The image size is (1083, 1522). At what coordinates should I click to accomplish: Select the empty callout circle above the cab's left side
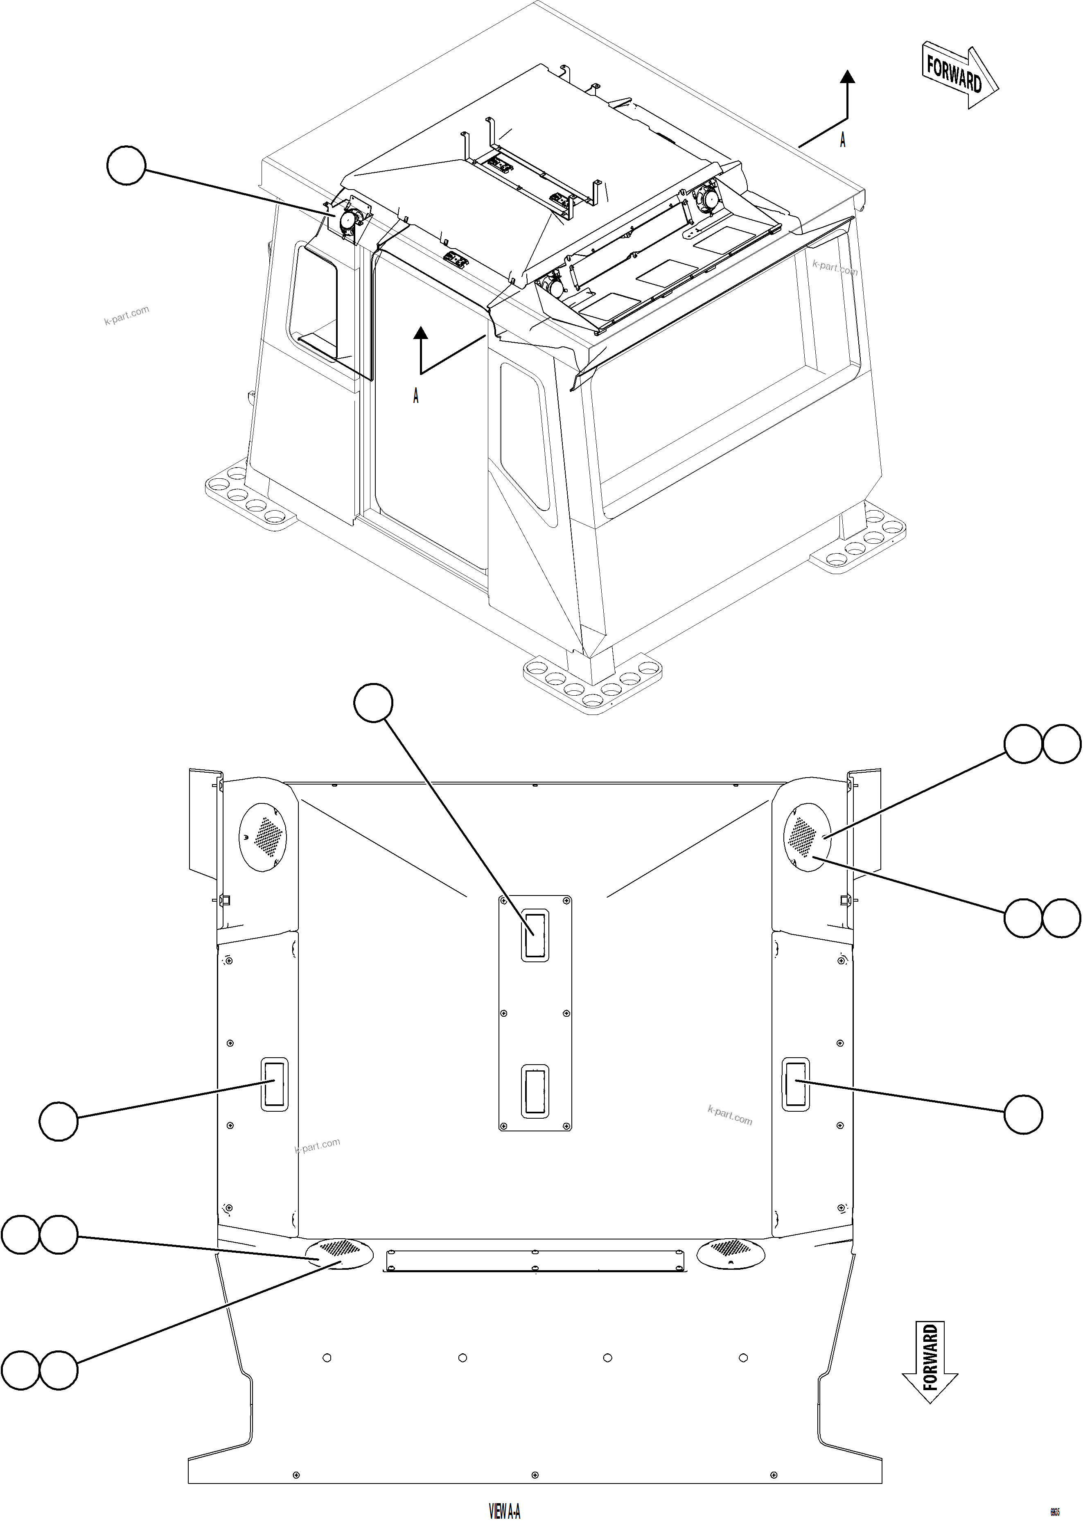coord(126,167)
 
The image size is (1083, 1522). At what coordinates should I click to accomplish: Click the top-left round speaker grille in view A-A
coord(262,837)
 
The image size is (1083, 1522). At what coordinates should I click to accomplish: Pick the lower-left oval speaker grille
coord(339,1253)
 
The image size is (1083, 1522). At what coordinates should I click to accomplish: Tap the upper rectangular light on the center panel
coord(535,935)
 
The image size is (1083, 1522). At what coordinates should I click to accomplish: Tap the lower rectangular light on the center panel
coord(535,1091)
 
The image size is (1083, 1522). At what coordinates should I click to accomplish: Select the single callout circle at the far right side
coord(1023,1114)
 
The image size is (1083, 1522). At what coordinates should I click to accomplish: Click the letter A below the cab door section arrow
coord(415,396)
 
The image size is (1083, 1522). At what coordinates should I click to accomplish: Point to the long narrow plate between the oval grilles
coord(535,1260)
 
